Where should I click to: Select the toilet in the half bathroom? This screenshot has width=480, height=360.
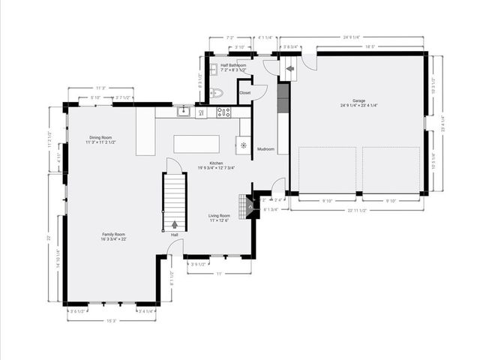(217, 94)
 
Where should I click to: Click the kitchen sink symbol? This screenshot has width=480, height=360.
(182, 112)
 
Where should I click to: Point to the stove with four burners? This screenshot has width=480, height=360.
(223, 112)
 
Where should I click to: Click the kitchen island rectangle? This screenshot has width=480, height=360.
(196, 143)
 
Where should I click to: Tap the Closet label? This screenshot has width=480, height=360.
(245, 92)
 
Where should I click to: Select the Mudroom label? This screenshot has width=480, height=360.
(265, 149)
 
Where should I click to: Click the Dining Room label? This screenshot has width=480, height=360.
(100, 138)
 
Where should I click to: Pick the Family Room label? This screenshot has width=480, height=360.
(114, 235)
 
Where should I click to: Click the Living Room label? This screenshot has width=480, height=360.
(220, 216)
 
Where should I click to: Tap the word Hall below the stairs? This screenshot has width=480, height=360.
(174, 235)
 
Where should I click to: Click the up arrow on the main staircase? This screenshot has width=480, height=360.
(175, 223)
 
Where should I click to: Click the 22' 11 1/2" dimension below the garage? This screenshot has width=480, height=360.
(357, 210)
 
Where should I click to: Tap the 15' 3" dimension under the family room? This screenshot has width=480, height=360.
(111, 321)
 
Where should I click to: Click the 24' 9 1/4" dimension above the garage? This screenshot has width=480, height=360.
(352, 36)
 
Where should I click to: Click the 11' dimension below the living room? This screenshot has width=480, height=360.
(219, 273)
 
